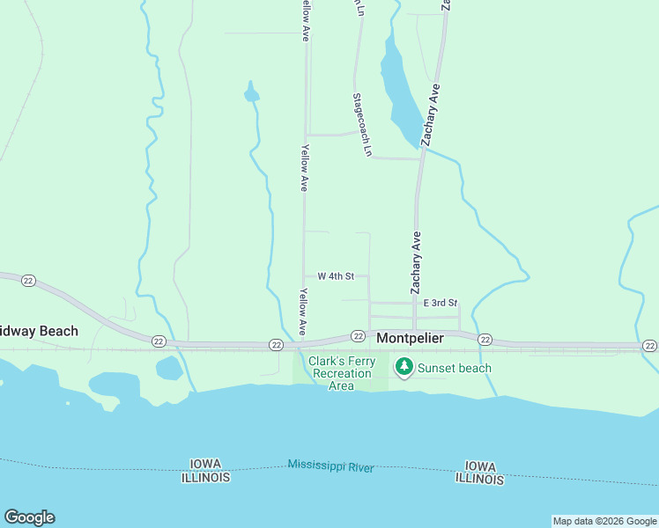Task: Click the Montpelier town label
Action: coord(410,338)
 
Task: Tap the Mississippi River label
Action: coord(330,466)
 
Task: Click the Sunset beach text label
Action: coord(455,368)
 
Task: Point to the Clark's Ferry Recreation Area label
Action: coord(341,373)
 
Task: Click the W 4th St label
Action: coord(336,276)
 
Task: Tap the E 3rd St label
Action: coord(441,303)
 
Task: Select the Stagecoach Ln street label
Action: coord(362,125)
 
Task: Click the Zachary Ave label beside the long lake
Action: coord(430,114)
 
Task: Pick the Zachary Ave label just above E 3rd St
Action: coord(416,262)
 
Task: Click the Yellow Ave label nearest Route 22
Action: coord(302,312)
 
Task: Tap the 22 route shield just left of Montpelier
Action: coord(358,335)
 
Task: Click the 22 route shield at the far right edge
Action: coord(649,346)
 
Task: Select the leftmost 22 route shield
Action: coord(29,280)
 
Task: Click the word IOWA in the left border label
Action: coord(205,464)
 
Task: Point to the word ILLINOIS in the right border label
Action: coord(480,480)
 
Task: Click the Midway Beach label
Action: coord(39,332)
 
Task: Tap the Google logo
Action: coord(29,517)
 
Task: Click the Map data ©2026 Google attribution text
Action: coord(604,521)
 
